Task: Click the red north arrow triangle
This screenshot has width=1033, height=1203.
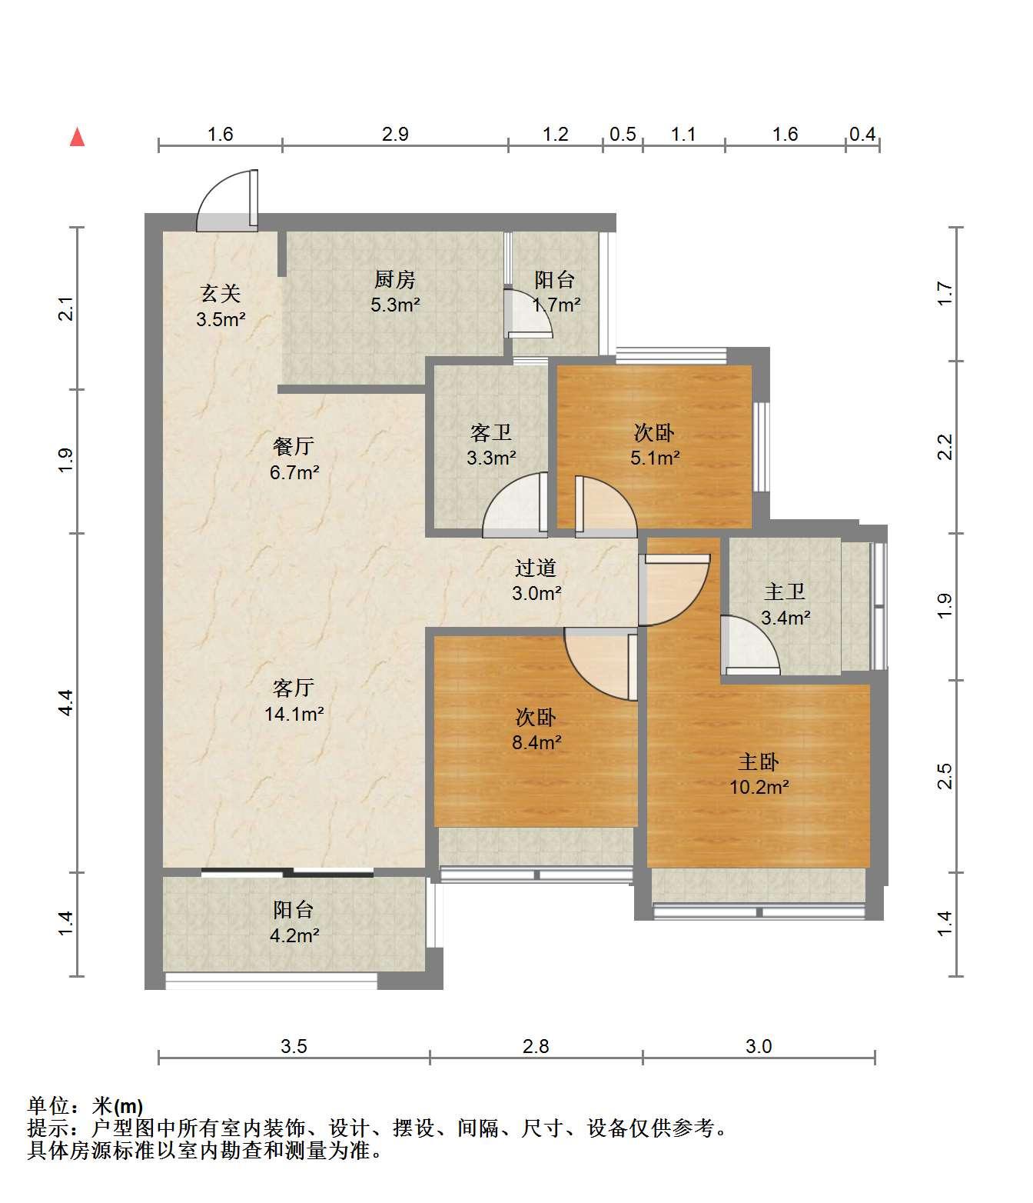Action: click(x=78, y=138)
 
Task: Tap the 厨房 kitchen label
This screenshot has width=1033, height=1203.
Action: click(x=395, y=280)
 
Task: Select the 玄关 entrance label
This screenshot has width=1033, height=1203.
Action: click(x=221, y=293)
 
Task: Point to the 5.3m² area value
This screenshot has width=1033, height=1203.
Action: click(x=396, y=305)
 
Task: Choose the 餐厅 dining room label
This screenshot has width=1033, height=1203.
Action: click(x=294, y=446)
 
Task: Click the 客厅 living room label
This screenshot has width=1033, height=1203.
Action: click(x=294, y=688)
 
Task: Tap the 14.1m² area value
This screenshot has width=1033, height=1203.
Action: click(x=294, y=714)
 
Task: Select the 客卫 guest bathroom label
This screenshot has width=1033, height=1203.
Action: click(x=491, y=432)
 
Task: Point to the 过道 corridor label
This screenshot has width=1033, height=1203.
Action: click(x=536, y=568)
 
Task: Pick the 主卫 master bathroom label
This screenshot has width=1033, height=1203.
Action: click(x=785, y=592)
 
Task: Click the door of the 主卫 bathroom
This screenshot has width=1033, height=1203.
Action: click(x=749, y=645)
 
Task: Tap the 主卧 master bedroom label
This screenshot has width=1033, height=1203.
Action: click(x=759, y=761)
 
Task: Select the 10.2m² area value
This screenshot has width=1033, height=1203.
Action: click(x=759, y=787)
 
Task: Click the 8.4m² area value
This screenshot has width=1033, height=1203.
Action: click(x=536, y=742)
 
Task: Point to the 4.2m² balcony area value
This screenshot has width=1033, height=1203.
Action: click(x=294, y=935)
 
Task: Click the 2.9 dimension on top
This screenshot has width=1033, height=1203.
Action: click(x=396, y=135)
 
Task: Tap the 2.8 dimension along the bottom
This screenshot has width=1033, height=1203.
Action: click(x=536, y=1046)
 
